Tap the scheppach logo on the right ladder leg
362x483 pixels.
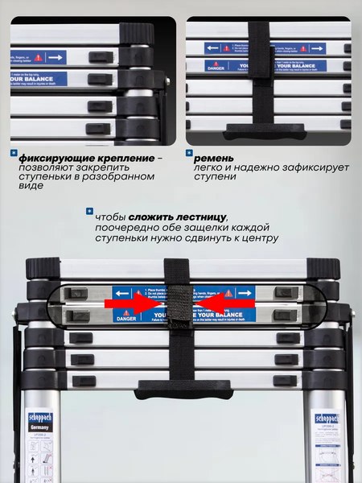(327, 418)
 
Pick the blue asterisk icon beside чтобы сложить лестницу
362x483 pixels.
(89, 212)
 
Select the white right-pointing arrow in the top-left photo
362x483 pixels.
(56, 58)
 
